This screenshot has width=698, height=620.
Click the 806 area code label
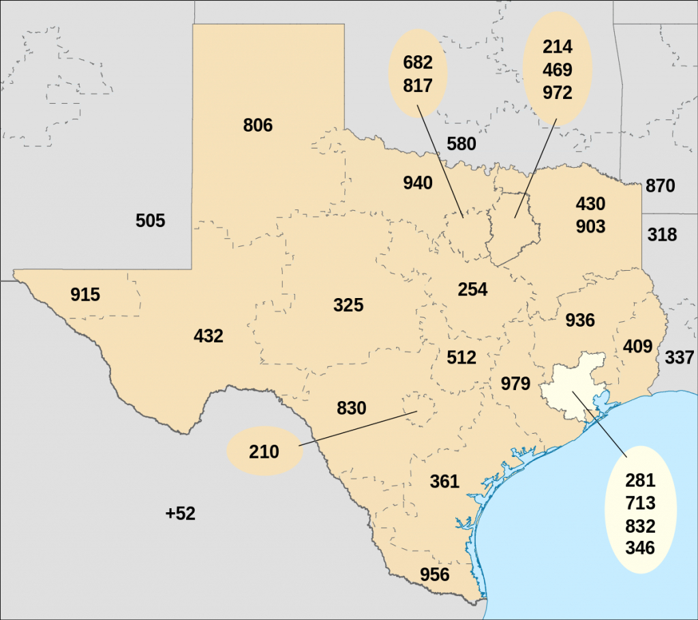pyautogui.click(x=258, y=126)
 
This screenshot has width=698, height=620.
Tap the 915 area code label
pyautogui.click(x=85, y=295)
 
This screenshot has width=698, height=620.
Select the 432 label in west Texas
pyautogui.click(x=209, y=336)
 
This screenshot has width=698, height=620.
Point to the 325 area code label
pyautogui.click(x=348, y=305)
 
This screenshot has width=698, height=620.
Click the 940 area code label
pyautogui.click(x=418, y=183)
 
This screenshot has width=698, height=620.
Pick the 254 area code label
pyautogui.click(x=472, y=289)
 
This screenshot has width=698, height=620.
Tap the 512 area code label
pyautogui.click(x=461, y=357)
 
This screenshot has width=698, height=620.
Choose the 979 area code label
pyautogui.click(x=515, y=383)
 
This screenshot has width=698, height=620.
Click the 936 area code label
pyautogui.click(x=580, y=320)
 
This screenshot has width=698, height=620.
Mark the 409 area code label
pyautogui.click(x=638, y=346)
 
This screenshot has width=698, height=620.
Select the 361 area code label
pyautogui.click(x=444, y=482)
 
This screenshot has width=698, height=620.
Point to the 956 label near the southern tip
pyautogui.click(x=435, y=574)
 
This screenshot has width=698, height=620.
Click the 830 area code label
pyautogui.click(x=352, y=409)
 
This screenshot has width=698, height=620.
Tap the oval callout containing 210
pyautogui.click(x=264, y=452)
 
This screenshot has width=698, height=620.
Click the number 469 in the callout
pyautogui.click(x=558, y=70)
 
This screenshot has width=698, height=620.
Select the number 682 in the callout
pyautogui.click(x=418, y=63)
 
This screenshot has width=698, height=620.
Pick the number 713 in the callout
pyautogui.click(x=640, y=503)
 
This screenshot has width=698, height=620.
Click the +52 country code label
pyautogui.click(x=181, y=514)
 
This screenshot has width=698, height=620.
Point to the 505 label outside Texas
pyautogui.click(x=151, y=221)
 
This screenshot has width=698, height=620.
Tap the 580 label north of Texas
pyautogui.click(x=461, y=145)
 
